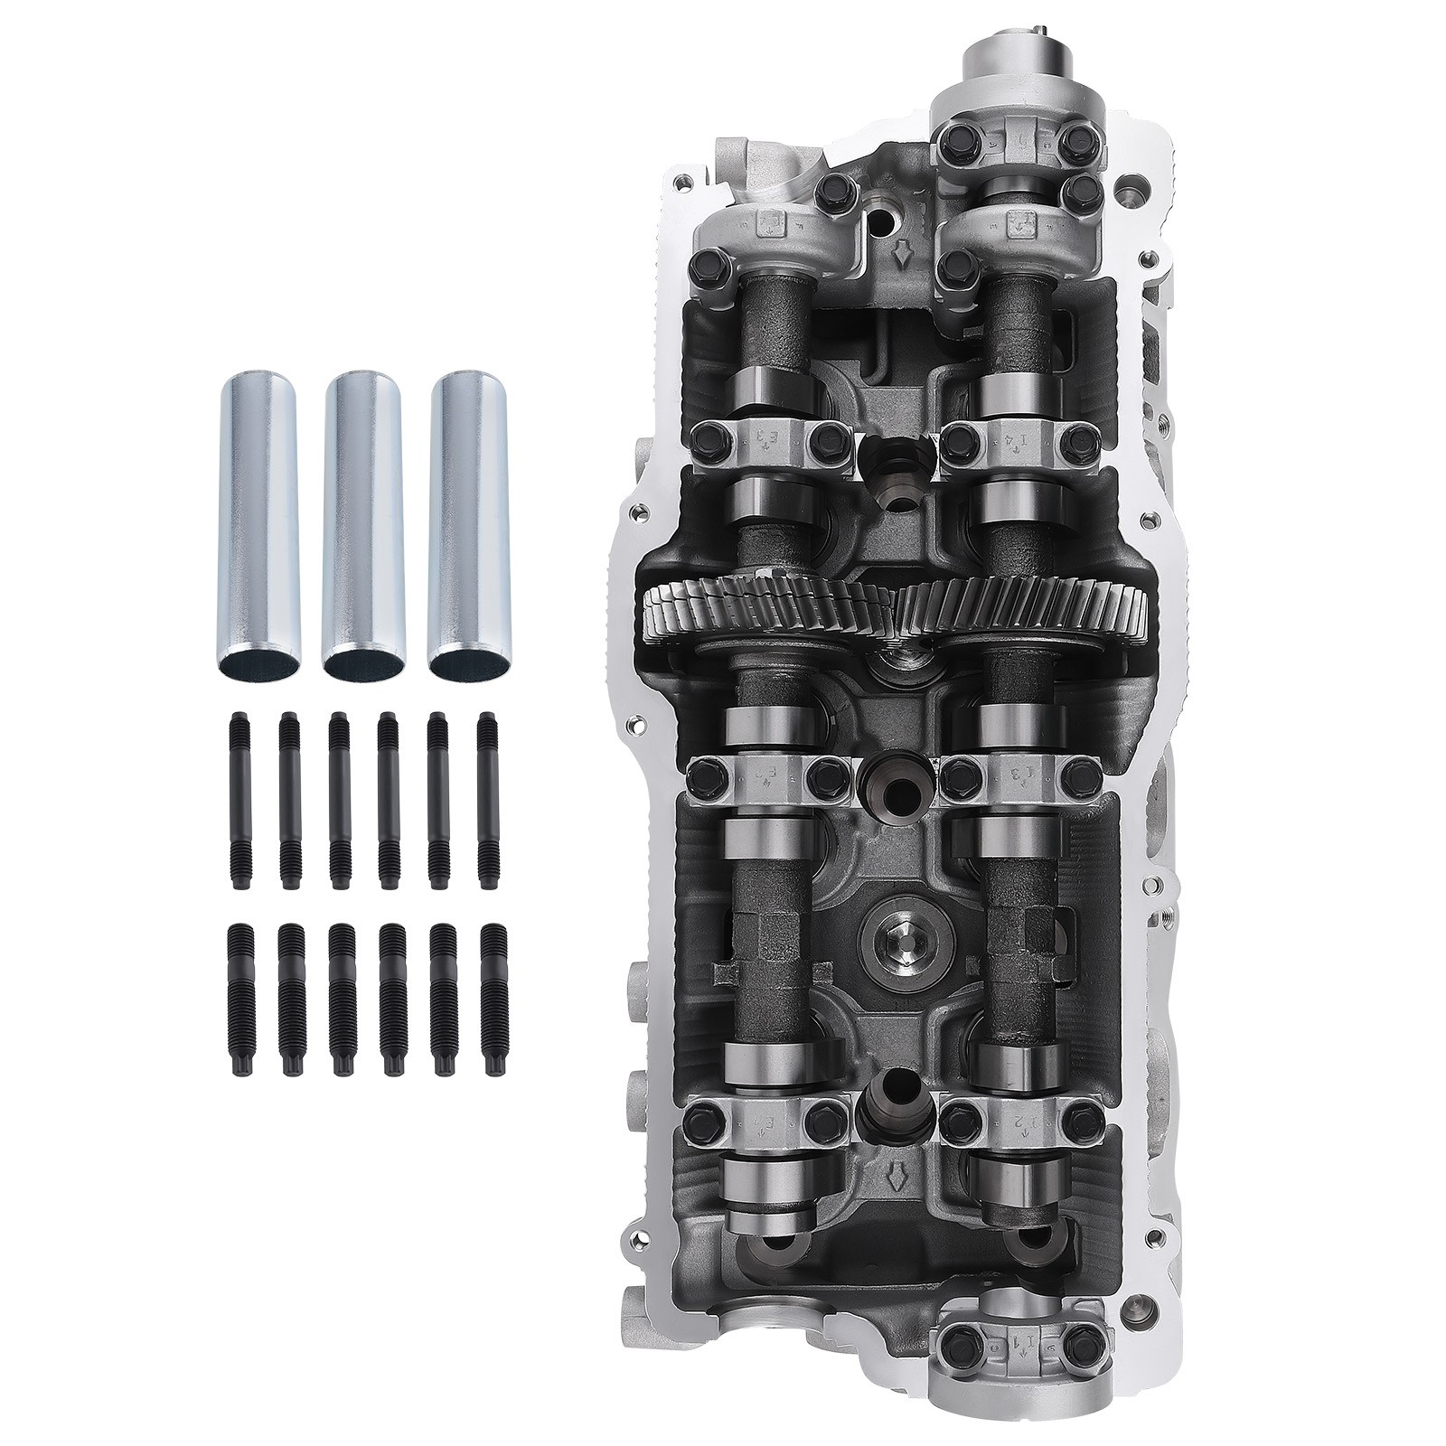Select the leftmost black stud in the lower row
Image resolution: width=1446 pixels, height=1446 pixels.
(x=239, y=1000)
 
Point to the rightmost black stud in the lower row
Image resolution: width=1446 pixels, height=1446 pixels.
(x=493, y=1000)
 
